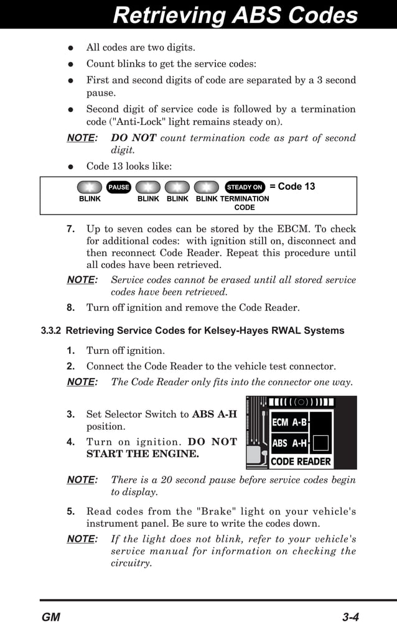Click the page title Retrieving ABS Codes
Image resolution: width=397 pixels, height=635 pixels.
point(235,15)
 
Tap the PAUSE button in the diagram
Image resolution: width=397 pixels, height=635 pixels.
point(118,187)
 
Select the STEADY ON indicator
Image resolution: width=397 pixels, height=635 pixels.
point(245,187)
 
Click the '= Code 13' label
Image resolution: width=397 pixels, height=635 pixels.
point(292,187)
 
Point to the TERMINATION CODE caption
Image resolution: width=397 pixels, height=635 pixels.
point(245,203)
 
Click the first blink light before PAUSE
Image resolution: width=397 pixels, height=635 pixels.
point(90,187)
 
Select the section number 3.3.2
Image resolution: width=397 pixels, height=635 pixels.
point(51,331)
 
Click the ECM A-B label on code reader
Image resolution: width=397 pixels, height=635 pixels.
point(289,423)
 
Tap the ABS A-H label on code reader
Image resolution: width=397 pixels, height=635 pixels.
point(289,443)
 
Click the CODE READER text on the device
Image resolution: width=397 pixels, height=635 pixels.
point(301,461)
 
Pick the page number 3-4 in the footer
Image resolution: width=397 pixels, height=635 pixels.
point(350,618)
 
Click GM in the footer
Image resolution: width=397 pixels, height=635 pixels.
point(51,618)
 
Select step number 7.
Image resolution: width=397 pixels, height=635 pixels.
point(71,229)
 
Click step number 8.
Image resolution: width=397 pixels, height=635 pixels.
point(71,308)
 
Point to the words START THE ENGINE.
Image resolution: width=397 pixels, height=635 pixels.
point(142,455)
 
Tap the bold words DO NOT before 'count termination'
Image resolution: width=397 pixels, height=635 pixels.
point(133,138)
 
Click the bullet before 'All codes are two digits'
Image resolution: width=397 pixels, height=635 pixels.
point(71,48)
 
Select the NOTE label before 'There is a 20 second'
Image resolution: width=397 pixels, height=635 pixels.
point(82,480)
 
